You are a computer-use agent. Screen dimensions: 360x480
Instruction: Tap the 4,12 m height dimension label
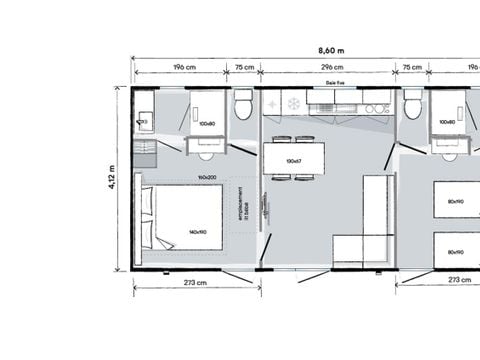click(112, 178)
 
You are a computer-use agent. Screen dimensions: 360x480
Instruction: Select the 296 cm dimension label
click(327, 69)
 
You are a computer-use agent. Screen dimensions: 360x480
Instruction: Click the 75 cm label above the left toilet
click(244, 69)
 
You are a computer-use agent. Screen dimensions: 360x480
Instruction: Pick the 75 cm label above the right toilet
click(411, 69)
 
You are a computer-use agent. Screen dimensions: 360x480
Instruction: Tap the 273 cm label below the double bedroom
click(194, 283)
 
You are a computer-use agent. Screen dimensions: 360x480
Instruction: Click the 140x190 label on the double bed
click(196, 232)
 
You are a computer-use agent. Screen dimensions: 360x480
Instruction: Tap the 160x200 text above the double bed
click(207, 178)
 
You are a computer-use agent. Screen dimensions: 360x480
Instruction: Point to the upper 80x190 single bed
click(455, 201)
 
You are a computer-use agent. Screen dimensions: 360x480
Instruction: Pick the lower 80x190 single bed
click(455, 250)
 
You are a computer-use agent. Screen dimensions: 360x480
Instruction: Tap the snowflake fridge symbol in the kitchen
click(294, 104)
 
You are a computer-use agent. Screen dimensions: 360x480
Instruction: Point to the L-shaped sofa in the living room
click(370, 225)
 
